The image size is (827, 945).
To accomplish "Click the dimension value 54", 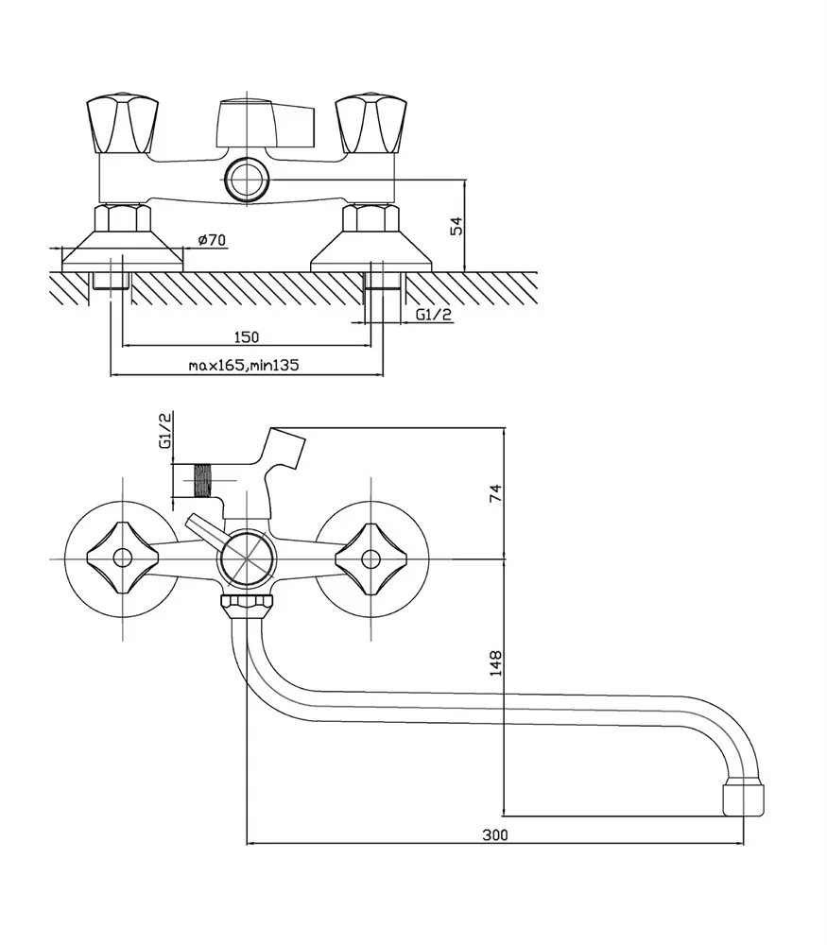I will pos(457,227).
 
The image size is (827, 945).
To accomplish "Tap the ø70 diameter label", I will pos(215,241).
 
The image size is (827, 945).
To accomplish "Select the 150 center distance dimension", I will pos(246,336).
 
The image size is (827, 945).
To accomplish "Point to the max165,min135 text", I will pos(244,366).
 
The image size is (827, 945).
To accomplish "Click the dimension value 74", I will pos(497,492).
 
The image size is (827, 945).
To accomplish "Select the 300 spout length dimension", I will pos(494,834).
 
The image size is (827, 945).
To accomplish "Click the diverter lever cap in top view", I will pos(264,123).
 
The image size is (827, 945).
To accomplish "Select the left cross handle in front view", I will pos(121,558).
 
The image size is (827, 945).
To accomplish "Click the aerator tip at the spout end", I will pos(742,797).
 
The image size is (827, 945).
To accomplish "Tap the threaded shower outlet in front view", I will pos(200,480).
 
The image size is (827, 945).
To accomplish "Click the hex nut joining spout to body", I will pos(247,602).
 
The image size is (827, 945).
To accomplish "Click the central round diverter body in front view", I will pos(246,558).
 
